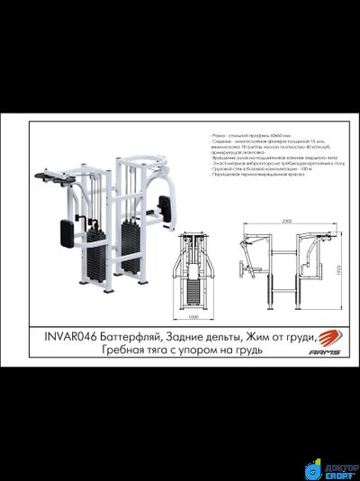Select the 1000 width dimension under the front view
(x=193, y=317)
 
